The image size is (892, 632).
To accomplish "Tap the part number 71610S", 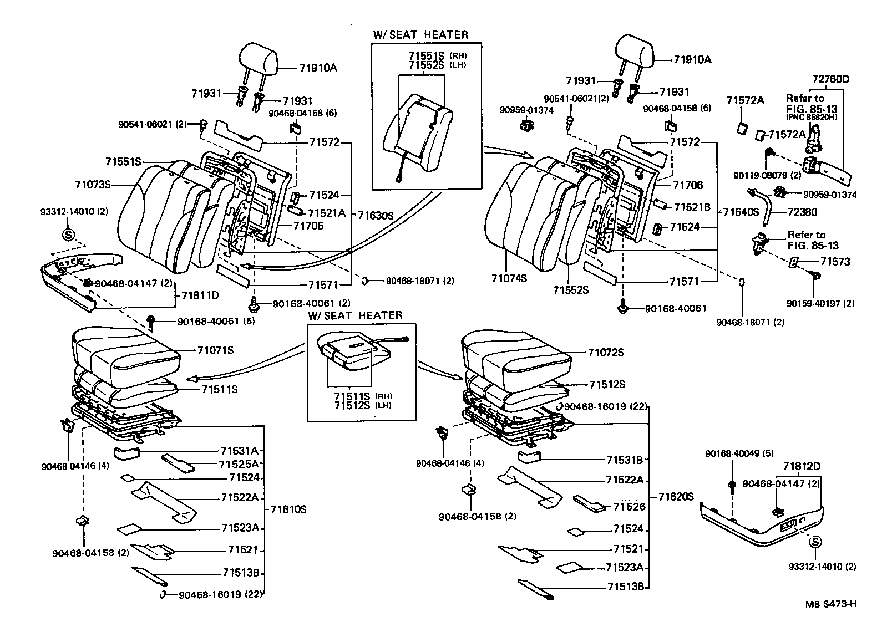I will click(288, 509).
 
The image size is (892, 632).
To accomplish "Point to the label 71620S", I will click(676, 497).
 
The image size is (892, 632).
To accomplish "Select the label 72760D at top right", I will click(830, 79).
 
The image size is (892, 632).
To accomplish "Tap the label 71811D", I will click(200, 295).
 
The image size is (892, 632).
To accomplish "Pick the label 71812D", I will click(802, 467).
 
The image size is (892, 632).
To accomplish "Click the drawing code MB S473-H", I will click(830, 604).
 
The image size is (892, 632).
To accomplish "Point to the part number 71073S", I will click(93, 184).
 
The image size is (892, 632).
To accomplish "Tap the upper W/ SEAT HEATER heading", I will click(420, 35).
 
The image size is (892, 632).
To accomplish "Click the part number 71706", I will click(688, 185).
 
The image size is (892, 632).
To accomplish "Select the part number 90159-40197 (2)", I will click(820, 303).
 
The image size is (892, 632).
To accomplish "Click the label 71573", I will click(835, 262).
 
